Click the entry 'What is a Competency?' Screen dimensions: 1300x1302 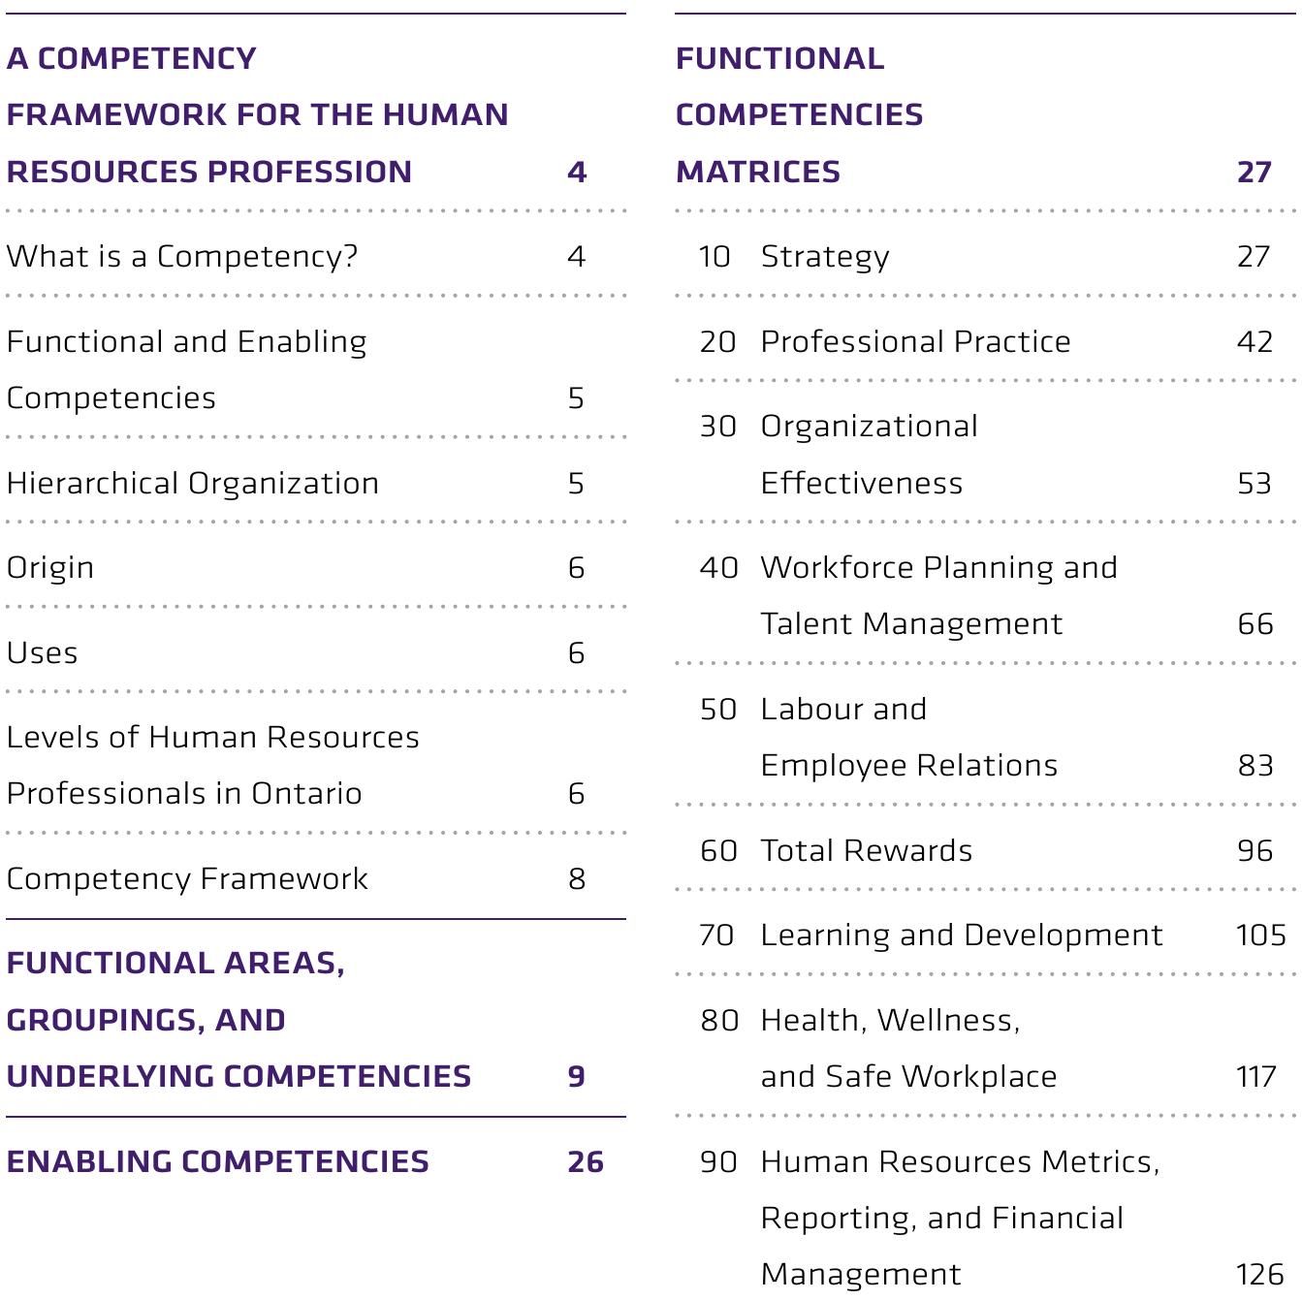click(x=182, y=257)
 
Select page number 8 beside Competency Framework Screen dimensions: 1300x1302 click(x=577, y=879)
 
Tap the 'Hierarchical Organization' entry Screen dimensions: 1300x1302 click(x=193, y=484)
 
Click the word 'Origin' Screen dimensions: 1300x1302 click(x=50, y=568)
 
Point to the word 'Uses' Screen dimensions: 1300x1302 click(x=43, y=653)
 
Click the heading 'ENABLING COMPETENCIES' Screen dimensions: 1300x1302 click(x=217, y=1162)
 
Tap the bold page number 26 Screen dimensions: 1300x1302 click(x=586, y=1162)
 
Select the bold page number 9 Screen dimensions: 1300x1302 click(x=577, y=1077)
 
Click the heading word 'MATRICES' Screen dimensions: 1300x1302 click(x=758, y=173)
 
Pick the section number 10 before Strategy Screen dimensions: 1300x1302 click(x=715, y=257)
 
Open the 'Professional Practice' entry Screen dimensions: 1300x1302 click(x=915, y=342)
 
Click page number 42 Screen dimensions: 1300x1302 click(x=1254, y=342)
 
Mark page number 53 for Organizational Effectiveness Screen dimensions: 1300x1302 click(x=1254, y=484)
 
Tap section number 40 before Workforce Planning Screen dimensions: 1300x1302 click(x=718, y=568)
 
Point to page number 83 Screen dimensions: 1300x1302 click(x=1255, y=766)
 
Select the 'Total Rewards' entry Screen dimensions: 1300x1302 click(x=866, y=851)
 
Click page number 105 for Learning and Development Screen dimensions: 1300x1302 click(x=1260, y=935)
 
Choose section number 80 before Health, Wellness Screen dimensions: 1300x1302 click(x=719, y=1021)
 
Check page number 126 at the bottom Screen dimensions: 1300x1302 click(x=1259, y=1275)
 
